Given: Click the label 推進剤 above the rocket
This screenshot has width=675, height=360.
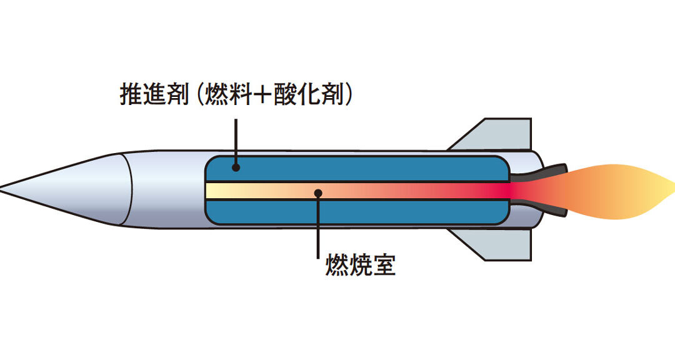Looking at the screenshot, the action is point(154,95).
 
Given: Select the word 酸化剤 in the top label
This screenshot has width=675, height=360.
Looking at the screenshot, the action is point(309,95).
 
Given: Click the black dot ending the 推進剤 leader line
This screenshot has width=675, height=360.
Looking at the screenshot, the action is point(236,167).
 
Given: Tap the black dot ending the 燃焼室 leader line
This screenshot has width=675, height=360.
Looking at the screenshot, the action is point(318,193).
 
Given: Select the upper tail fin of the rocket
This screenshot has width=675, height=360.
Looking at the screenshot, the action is point(495,134).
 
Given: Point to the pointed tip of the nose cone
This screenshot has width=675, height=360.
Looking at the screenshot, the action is point(1,188).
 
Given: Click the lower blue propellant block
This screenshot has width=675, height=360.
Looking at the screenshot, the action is point(357,212).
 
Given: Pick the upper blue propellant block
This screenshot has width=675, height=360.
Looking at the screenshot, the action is point(357,169).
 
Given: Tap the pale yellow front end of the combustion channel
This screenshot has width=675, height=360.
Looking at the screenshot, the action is point(219,191).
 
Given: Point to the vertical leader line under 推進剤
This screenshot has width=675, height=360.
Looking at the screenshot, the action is point(236,141).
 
